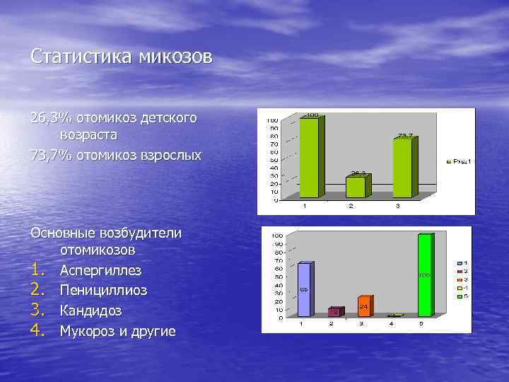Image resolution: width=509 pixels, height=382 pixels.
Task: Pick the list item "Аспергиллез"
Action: click(100, 270)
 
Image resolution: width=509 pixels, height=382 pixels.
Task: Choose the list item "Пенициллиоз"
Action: click(103, 291)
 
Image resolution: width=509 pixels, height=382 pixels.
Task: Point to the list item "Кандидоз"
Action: click(90, 311)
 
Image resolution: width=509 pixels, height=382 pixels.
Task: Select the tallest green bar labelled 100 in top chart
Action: click(310, 156)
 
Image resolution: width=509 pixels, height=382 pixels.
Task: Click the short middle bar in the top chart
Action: click(356, 186)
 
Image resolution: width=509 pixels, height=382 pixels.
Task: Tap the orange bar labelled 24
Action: click(364, 306)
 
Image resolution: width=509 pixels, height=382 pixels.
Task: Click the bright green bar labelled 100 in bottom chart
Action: click(425, 276)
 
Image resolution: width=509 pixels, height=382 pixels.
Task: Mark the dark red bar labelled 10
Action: click(334, 311)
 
